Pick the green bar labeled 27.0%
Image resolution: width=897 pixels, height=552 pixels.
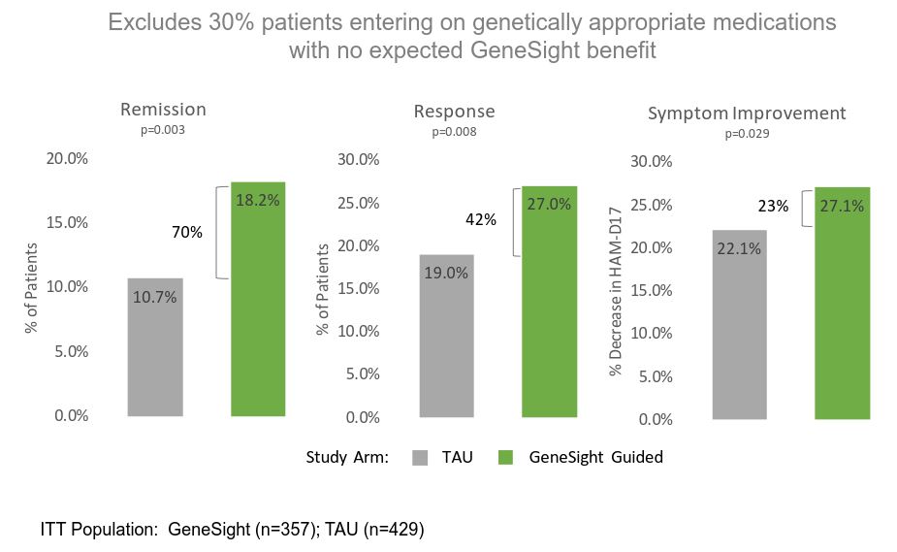coord(550,302)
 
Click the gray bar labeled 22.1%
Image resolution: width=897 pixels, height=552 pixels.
coord(739,324)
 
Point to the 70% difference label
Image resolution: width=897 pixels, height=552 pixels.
coord(188,233)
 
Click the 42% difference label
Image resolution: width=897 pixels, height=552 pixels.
coord(481,220)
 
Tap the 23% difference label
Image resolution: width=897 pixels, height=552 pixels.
coord(773,207)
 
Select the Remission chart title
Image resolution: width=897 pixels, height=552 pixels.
coord(163,110)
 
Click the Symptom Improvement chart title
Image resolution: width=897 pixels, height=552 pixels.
coord(747,114)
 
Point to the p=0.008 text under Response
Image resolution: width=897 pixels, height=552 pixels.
coord(454,132)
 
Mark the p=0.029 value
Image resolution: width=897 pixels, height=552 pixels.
coord(747,135)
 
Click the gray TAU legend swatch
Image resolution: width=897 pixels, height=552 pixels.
coord(421,457)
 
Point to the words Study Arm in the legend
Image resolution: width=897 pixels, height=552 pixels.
coord(347,457)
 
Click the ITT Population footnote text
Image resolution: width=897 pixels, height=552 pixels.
coord(233,530)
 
